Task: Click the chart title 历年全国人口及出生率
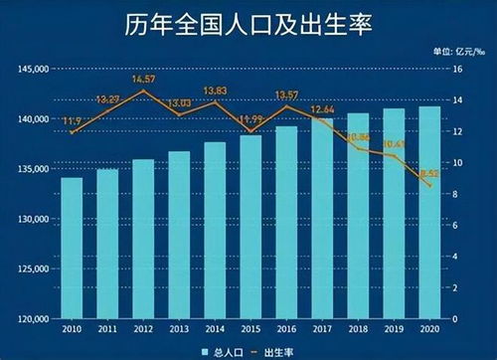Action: pos(248,24)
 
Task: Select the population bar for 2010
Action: pos(72,249)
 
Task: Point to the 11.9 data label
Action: pos(72,121)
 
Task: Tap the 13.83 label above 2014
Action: pos(216,91)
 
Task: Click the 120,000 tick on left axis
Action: pos(33,319)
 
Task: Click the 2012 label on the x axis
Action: pos(143,328)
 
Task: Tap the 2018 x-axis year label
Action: pos(358,328)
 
